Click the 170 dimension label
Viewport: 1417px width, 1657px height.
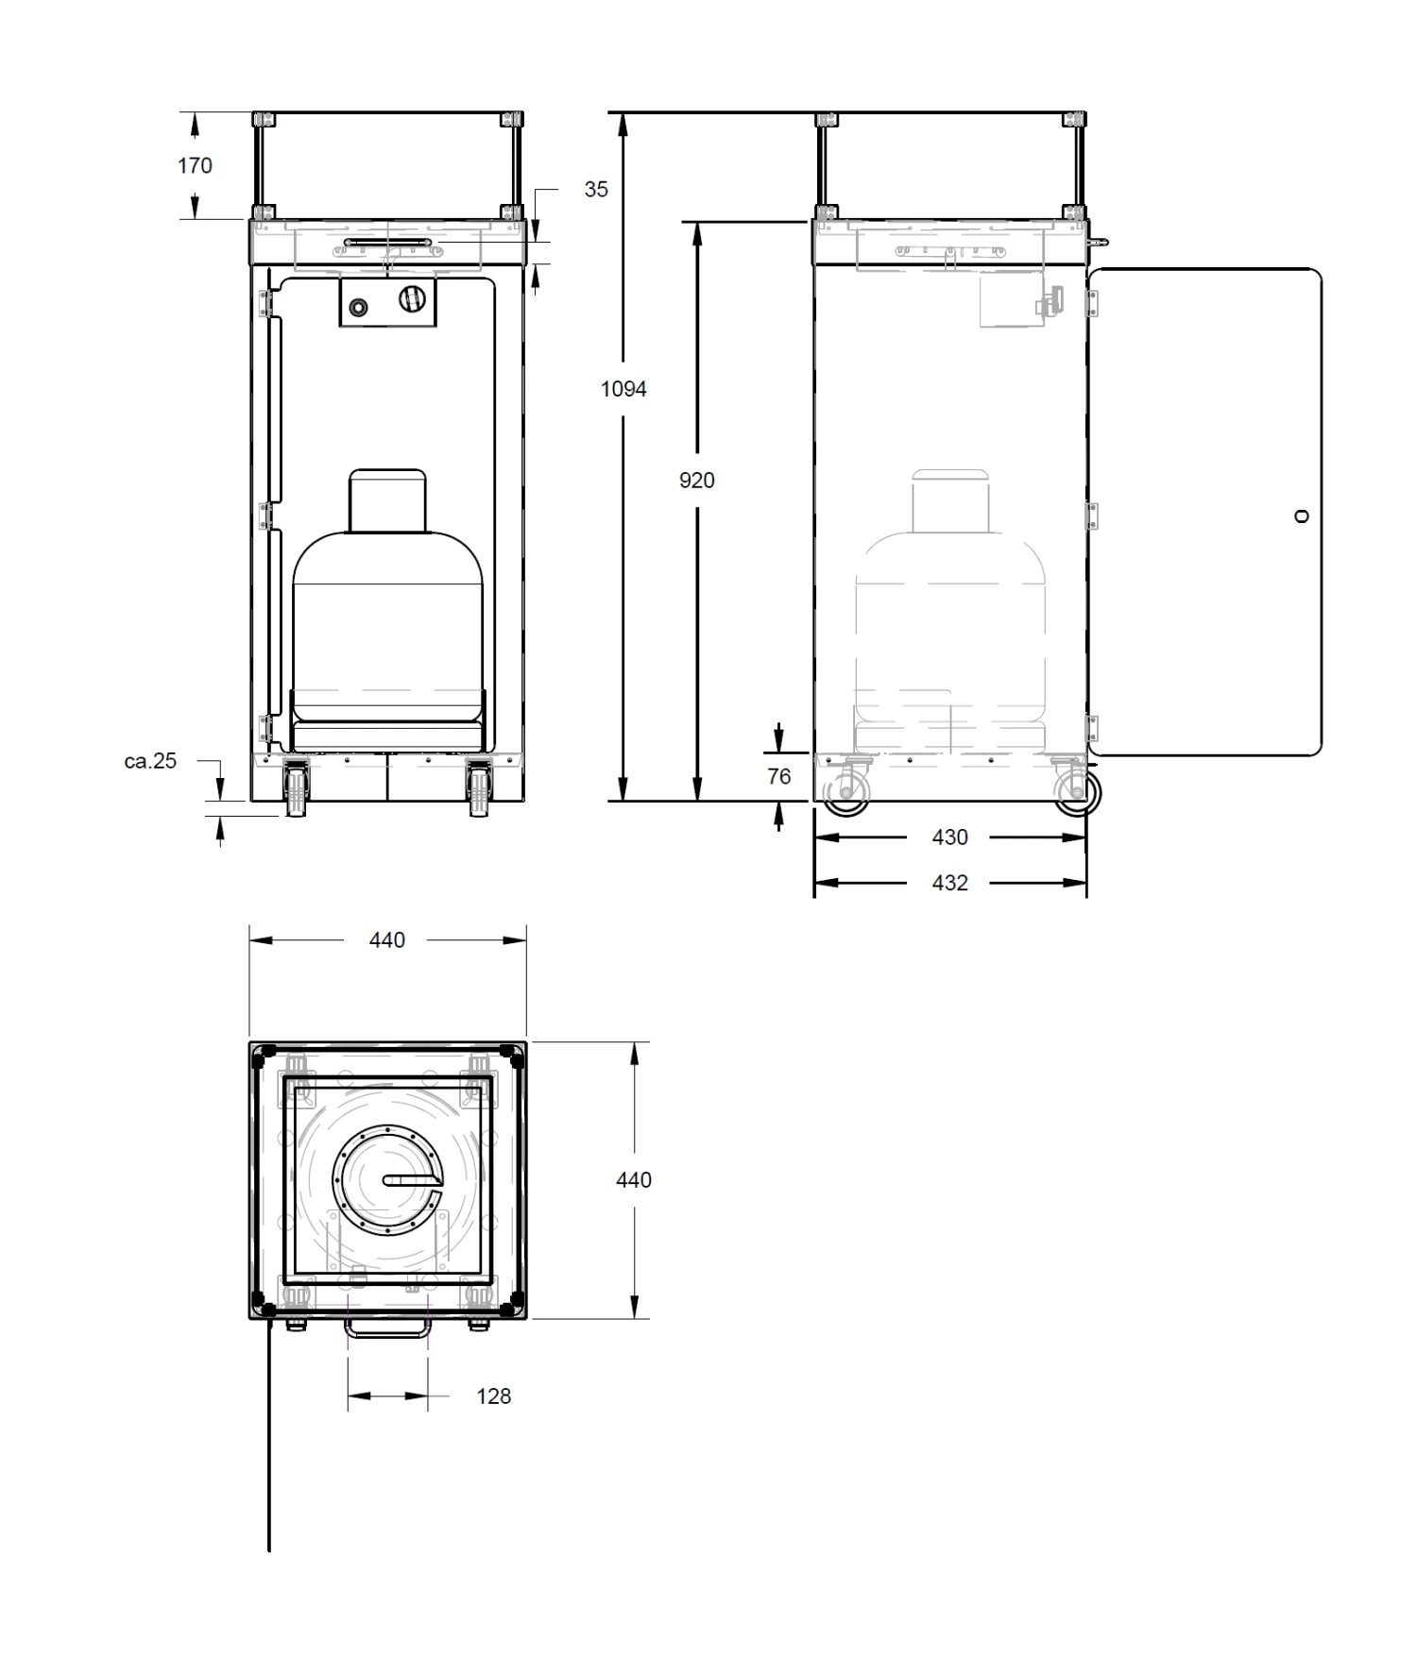coord(195,166)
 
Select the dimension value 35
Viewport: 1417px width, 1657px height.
coord(596,190)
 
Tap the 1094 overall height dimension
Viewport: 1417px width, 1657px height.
coord(623,389)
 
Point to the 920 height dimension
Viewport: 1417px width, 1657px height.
coord(697,481)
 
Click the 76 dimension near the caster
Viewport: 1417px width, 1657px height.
coord(779,776)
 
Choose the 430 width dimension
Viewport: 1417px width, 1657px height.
coord(949,837)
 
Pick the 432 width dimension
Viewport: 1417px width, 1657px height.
coord(949,883)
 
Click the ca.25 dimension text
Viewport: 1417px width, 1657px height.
coord(150,761)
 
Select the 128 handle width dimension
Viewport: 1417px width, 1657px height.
coord(493,1396)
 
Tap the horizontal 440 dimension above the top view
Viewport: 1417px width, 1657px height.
coord(387,940)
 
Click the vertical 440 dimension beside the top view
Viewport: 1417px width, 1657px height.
coord(634,1180)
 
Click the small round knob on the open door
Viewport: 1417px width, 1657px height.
coord(1302,516)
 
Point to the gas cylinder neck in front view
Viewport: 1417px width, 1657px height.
coord(388,500)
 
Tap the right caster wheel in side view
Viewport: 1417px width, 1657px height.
coord(1076,793)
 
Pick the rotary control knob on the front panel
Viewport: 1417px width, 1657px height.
coord(411,299)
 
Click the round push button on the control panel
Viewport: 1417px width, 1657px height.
coord(360,307)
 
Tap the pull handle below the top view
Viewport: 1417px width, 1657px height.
coord(387,1330)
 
